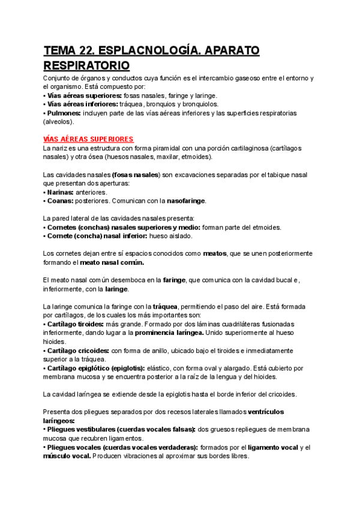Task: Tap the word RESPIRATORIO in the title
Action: (87, 65)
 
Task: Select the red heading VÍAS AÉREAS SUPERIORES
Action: (88, 139)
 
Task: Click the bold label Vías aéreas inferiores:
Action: (83, 104)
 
